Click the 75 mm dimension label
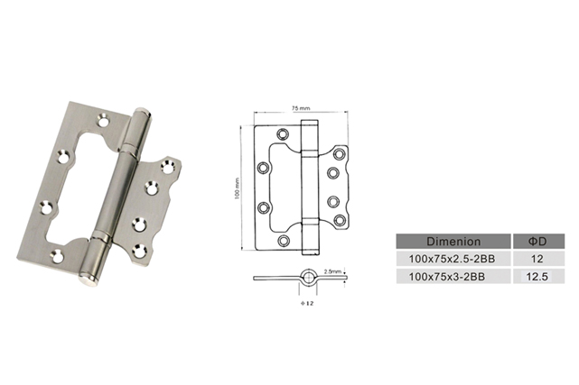[x=301, y=108]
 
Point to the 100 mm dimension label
[x=237, y=188]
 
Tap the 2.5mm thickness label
[x=332, y=271]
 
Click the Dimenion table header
[x=453, y=242]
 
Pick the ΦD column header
[x=537, y=242]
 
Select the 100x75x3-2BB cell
[x=447, y=277]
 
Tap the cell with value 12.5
[x=537, y=277]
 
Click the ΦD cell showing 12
[x=537, y=259]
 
